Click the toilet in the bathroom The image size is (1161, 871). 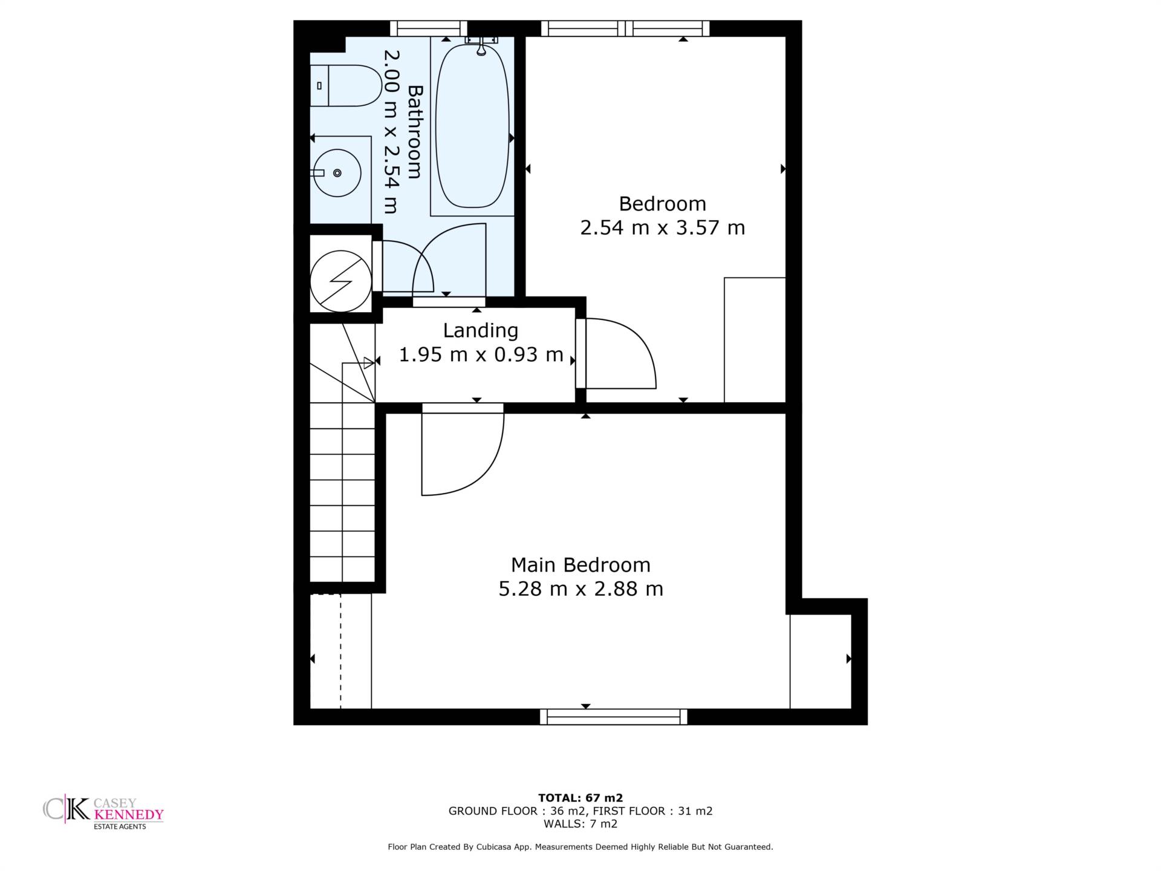(345, 86)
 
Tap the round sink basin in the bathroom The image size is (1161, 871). (337, 173)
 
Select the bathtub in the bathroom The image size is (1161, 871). (472, 126)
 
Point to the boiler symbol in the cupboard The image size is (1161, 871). (340, 281)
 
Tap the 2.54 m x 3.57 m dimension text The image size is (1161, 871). (663, 228)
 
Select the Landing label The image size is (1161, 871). (481, 331)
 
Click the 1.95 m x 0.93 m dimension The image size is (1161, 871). (481, 354)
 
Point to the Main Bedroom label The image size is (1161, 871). (580, 565)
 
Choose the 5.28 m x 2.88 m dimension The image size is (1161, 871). (580, 589)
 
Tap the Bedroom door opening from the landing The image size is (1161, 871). (616, 353)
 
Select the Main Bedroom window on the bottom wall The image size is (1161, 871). (614, 717)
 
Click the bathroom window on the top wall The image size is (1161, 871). (429, 28)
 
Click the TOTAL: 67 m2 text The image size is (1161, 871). (580, 798)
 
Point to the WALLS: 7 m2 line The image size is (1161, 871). (580, 824)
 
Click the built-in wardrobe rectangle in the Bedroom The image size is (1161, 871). (755, 340)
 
